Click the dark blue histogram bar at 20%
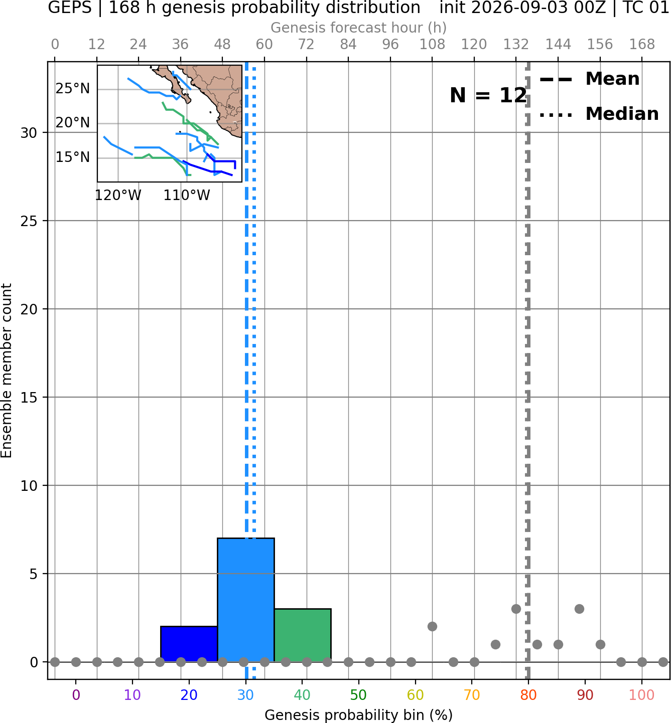click(x=189, y=644)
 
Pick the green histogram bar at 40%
click(x=303, y=635)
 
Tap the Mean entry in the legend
click(x=589, y=79)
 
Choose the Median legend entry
click(x=599, y=114)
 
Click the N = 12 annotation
click(x=488, y=95)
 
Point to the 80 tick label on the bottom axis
click(x=528, y=695)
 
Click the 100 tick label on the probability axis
click(x=642, y=695)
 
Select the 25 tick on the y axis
click(x=29, y=221)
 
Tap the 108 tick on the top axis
click(x=432, y=45)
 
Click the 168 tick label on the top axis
click(x=642, y=45)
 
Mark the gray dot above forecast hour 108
click(x=432, y=627)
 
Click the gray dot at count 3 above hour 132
click(x=516, y=609)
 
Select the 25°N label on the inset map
click(x=73, y=88)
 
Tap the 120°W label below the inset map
click(x=118, y=196)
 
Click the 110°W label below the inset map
click(x=187, y=196)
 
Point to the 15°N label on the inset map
click(x=73, y=157)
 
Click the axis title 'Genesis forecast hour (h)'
click(x=359, y=28)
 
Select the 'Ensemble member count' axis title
click(x=6, y=371)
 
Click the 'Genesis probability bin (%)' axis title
click(x=359, y=715)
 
